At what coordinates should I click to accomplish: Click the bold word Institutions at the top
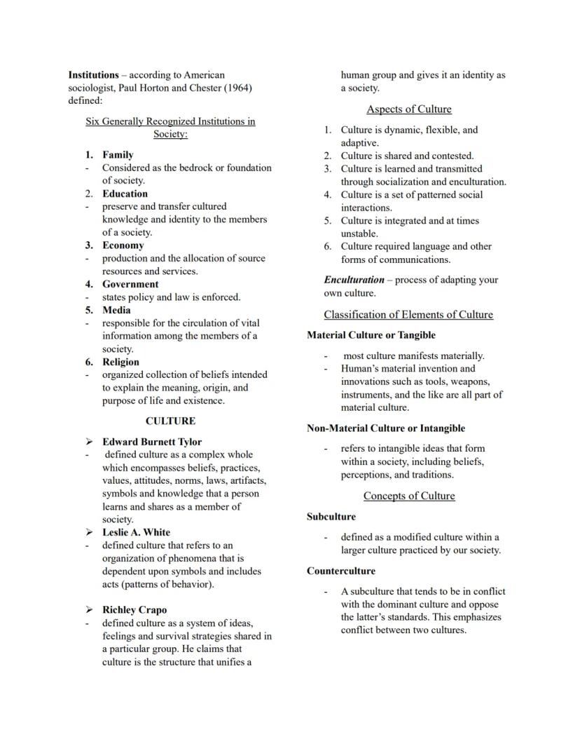(93, 74)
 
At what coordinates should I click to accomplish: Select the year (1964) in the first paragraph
(236, 88)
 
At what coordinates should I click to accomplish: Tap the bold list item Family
(118, 154)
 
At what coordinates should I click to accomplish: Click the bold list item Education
(125, 194)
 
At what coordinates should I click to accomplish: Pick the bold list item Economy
(123, 245)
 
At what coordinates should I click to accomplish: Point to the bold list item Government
(130, 284)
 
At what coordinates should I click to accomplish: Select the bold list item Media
(116, 310)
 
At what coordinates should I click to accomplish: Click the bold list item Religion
(120, 362)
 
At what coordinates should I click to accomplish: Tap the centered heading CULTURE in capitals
(170, 421)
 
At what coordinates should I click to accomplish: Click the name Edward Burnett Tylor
(152, 442)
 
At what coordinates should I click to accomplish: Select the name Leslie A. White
(136, 532)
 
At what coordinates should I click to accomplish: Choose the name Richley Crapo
(134, 610)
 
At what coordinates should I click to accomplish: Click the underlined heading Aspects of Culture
(409, 109)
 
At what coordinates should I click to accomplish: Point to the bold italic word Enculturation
(354, 280)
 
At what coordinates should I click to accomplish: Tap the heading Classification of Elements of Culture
(408, 315)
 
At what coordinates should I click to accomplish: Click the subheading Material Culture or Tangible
(371, 335)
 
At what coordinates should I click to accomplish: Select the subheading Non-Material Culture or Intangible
(385, 428)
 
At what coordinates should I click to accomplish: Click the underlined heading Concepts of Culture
(409, 496)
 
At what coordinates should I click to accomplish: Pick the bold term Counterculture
(340, 571)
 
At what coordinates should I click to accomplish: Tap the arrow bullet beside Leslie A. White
(89, 532)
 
